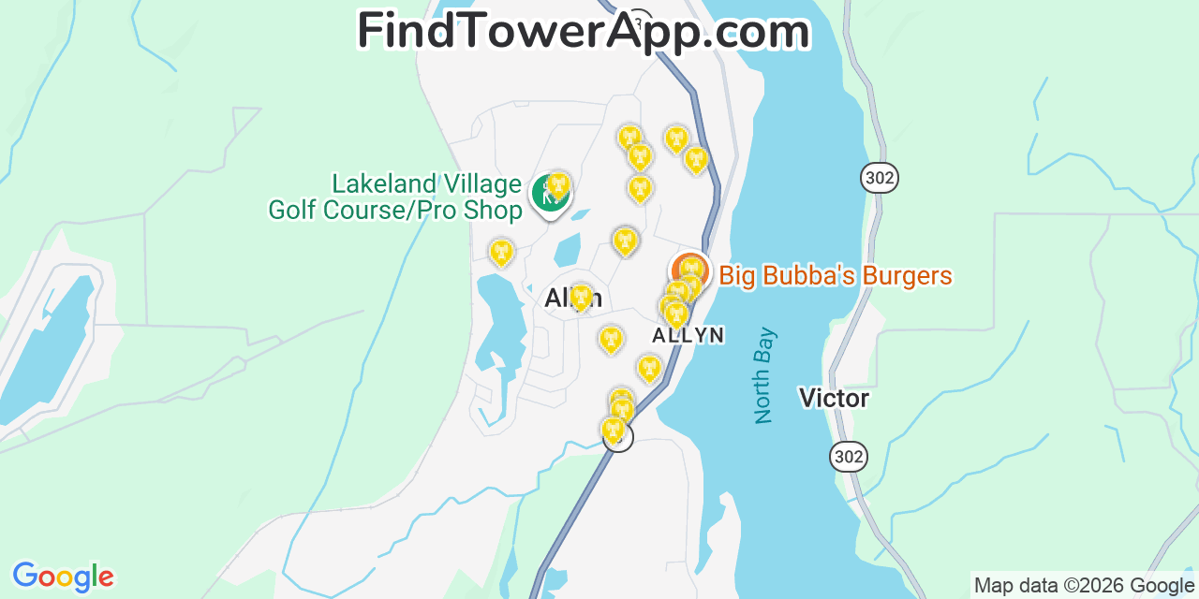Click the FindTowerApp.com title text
[583, 31]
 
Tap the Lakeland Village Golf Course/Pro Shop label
[395, 197]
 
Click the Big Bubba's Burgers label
[836, 276]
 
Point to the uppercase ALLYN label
[688, 335]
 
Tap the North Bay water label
[765, 374]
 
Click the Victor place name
[834, 399]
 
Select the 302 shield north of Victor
[881, 178]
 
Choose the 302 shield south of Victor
[848, 457]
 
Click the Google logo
[63, 577]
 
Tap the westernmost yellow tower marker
[501, 251]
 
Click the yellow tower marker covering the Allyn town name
[581, 297]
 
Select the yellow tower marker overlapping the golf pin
[559, 184]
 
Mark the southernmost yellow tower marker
[613, 429]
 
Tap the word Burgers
[907, 276]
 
